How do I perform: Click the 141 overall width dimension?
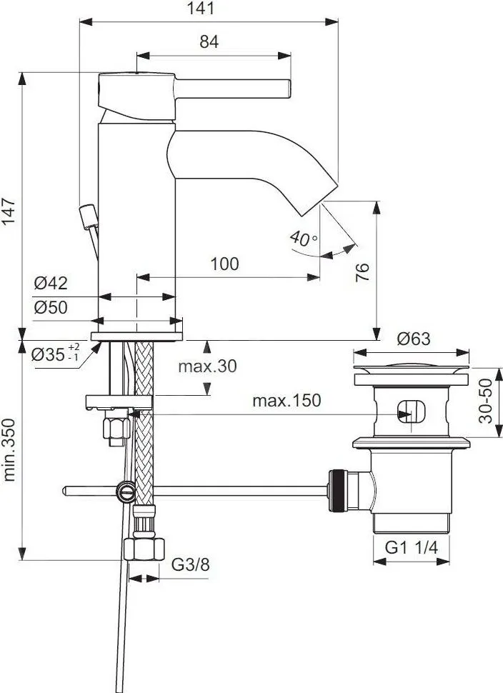(200, 9)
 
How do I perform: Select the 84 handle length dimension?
(209, 41)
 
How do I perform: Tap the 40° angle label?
(303, 239)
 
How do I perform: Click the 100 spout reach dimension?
(224, 264)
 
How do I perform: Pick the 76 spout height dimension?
(362, 272)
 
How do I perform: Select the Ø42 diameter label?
(51, 283)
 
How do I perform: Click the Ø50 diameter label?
(51, 307)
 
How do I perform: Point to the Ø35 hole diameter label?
(56, 353)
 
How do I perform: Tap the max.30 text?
(207, 366)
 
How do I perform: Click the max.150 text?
(287, 400)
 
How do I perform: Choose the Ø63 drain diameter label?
(413, 339)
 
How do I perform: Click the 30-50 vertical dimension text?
(485, 401)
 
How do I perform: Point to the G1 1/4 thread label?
(411, 547)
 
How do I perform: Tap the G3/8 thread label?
(190, 564)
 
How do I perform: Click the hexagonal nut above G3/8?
(144, 549)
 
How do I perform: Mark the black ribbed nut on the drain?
(337, 491)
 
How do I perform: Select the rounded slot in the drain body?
(411, 412)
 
